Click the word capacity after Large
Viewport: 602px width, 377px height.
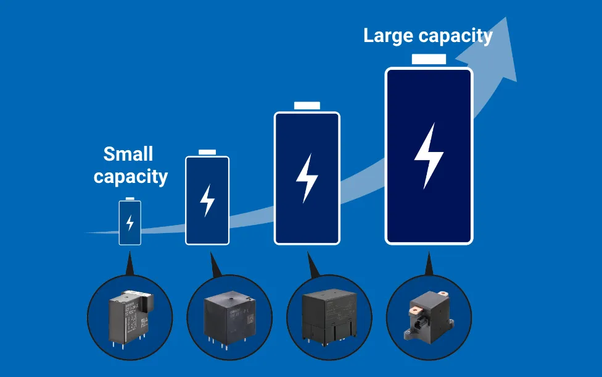point(456,36)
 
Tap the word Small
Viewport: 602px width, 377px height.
point(128,154)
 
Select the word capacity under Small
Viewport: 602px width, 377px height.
point(131,177)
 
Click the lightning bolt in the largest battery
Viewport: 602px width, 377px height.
point(429,156)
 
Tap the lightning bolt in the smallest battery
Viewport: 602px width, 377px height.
point(130,222)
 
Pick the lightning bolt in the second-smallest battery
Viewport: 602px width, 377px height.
point(207,200)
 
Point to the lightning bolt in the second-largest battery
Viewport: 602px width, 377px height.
point(307,178)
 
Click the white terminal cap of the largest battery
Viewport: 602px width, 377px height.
point(429,59)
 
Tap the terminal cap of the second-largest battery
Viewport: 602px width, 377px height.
point(307,105)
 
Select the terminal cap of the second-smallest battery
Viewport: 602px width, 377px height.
point(207,152)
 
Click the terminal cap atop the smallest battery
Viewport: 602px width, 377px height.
point(130,198)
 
